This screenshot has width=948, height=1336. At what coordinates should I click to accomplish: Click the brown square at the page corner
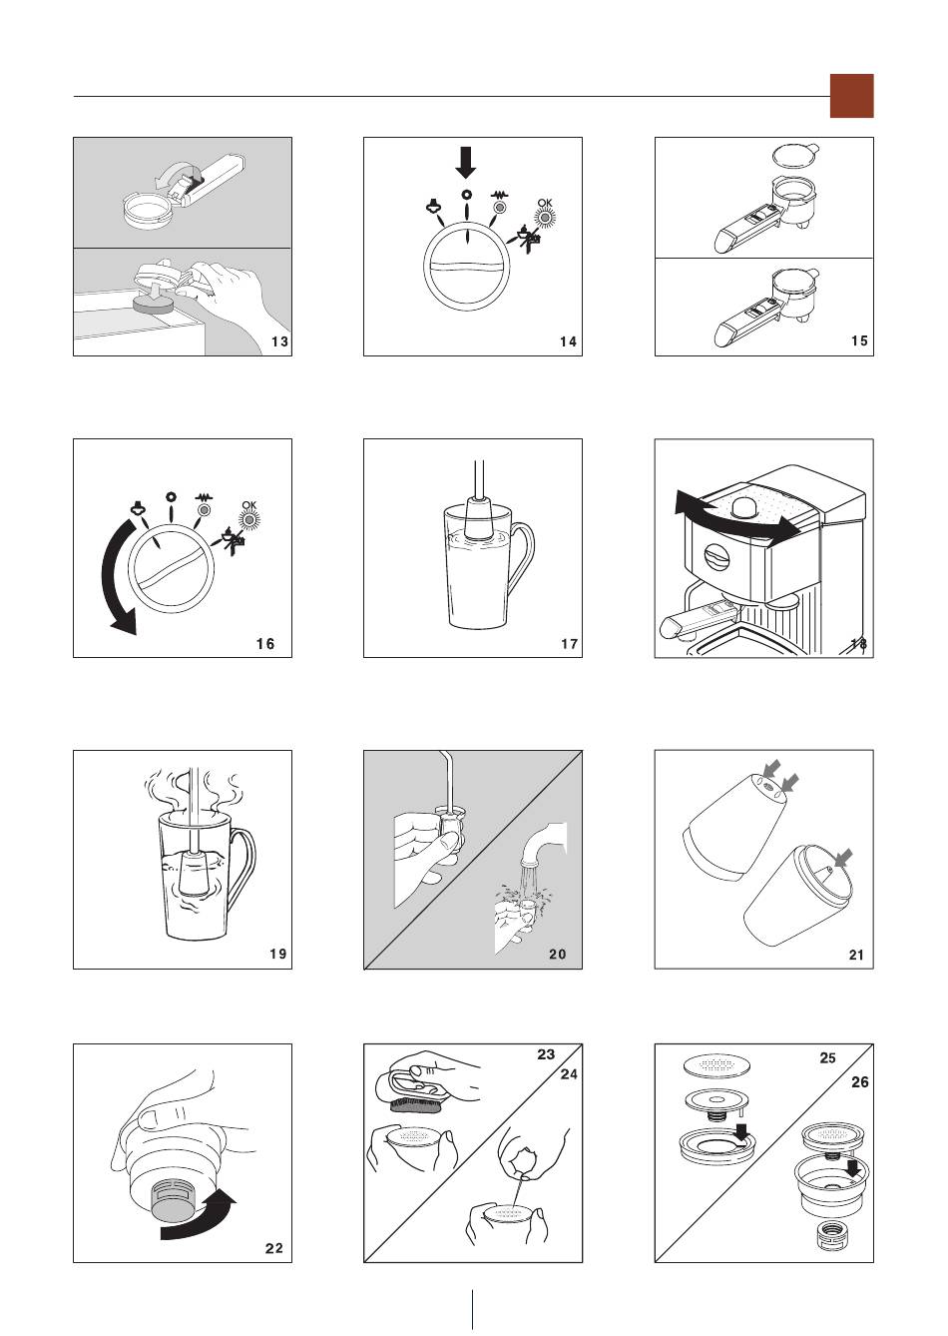click(x=851, y=96)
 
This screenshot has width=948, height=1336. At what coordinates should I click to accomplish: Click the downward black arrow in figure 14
click(x=466, y=163)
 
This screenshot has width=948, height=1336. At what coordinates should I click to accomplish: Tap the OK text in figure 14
click(x=545, y=203)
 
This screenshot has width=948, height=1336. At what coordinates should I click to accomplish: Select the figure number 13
click(x=279, y=341)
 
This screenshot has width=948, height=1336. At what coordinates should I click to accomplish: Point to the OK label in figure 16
click(x=249, y=505)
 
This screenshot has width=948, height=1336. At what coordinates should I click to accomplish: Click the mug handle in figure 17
click(x=525, y=552)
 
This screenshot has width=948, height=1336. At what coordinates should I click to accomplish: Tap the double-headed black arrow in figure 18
click(x=737, y=517)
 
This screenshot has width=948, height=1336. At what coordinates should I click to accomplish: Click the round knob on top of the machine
click(x=744, y=507)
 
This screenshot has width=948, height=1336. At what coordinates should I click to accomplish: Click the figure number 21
click(x=857, y=955)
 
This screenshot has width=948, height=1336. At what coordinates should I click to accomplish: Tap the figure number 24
click(x=569, y=1074)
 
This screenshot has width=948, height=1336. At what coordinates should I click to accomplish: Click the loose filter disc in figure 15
click(x=795, y=156)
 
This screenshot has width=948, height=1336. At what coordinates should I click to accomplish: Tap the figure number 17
click(x=570, y=644)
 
